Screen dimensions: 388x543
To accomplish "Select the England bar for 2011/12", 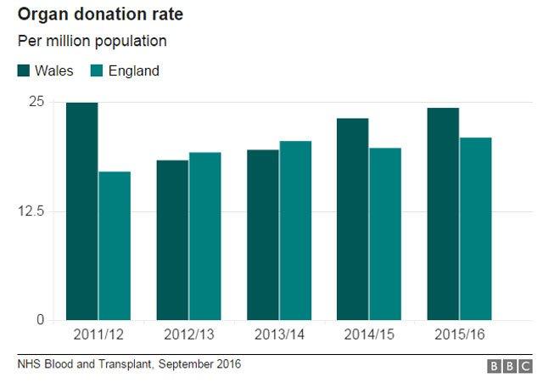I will [115, 245].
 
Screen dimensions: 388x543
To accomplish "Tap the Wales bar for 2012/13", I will [172, 239].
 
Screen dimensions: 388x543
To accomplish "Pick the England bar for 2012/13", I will [204, 236].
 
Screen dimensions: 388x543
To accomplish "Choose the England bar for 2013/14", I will [295, 230].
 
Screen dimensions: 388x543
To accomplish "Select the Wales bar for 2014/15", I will [353, 219].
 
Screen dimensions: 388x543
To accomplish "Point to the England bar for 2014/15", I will [385, 233].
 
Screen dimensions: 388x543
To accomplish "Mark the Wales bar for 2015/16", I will [443, 214].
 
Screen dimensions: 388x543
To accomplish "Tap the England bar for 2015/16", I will [475, 228].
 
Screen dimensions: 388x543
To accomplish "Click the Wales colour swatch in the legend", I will [25, 71].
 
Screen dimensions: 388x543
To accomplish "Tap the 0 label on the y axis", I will [39, 320].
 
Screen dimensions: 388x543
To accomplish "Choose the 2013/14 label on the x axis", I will [278, 335].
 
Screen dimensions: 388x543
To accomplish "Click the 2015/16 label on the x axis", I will [459, 335].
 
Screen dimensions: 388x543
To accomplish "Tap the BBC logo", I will [507, 366].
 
